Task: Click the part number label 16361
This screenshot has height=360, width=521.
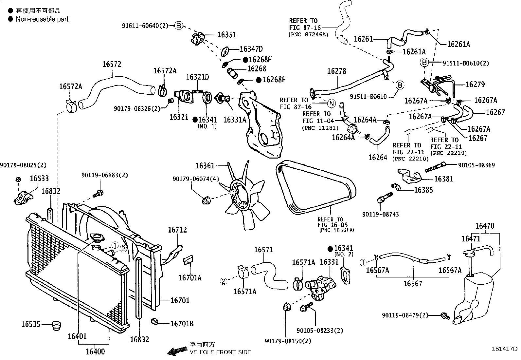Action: click(205, 166)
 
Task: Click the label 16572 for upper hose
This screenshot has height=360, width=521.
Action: click(112, 64)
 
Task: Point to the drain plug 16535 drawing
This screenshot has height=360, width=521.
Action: click(57, 326)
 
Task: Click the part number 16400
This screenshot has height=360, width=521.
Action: click(95, 351)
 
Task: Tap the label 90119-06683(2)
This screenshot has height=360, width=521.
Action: click(105, 175)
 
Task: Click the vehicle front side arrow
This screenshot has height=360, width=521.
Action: click(177, 351)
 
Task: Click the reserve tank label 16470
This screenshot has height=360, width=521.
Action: click(485, 226)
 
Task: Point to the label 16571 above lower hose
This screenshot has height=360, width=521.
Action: click(264, 250)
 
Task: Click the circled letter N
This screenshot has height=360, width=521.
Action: click(331, 104)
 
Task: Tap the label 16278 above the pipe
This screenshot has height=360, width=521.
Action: click(336, 71)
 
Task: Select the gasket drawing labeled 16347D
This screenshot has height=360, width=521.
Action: click(225, 52)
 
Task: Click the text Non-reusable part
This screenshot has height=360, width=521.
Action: click(42, 19)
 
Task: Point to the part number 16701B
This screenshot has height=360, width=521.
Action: click(182, 324)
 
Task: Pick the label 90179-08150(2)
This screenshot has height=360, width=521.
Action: click(288, 341)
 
